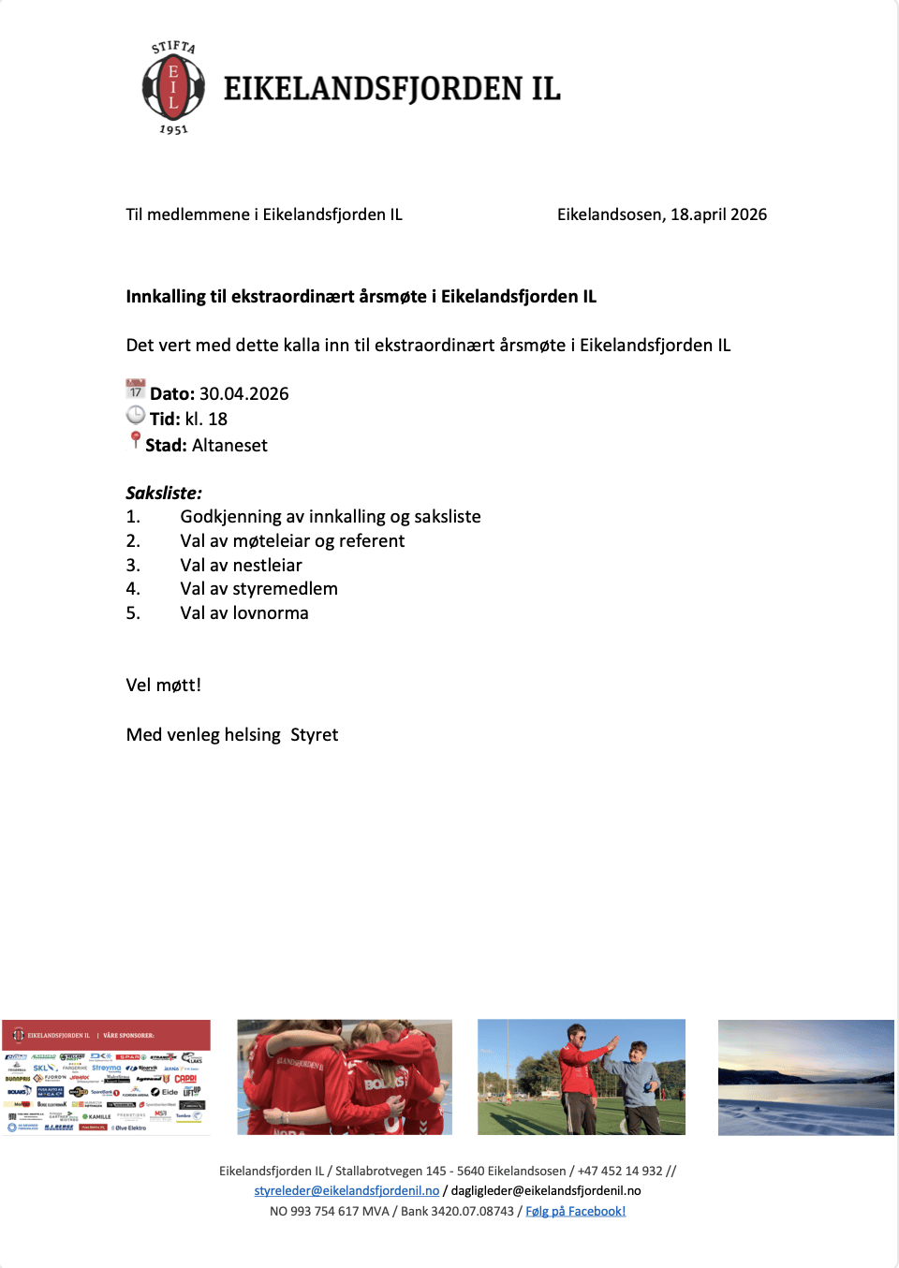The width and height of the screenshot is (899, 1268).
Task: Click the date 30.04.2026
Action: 243,394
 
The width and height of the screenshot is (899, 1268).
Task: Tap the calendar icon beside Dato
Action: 136,389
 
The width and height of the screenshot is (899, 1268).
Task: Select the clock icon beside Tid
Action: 136,415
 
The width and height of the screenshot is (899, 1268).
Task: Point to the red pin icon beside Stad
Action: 136,440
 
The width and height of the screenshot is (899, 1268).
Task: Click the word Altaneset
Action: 229,446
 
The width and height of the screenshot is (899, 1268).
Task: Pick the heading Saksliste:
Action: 164,494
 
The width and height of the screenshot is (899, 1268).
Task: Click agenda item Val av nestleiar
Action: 241,566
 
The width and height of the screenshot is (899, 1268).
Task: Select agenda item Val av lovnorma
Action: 244,613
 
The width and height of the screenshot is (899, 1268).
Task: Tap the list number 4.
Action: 133,589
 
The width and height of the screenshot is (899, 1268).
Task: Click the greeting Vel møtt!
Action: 164,686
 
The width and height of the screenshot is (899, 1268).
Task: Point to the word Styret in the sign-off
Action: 315,735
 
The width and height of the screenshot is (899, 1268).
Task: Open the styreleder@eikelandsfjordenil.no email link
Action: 346,1191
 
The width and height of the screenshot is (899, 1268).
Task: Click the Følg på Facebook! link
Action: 575,1212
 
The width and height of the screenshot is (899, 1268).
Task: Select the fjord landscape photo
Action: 805,1077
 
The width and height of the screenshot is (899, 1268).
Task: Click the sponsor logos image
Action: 106,1077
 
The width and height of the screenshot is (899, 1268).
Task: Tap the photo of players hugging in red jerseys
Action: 345,1077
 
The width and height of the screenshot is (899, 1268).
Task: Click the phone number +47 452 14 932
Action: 620,1172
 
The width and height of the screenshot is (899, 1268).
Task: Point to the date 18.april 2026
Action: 718,215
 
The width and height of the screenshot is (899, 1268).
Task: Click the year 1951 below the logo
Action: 173,130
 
